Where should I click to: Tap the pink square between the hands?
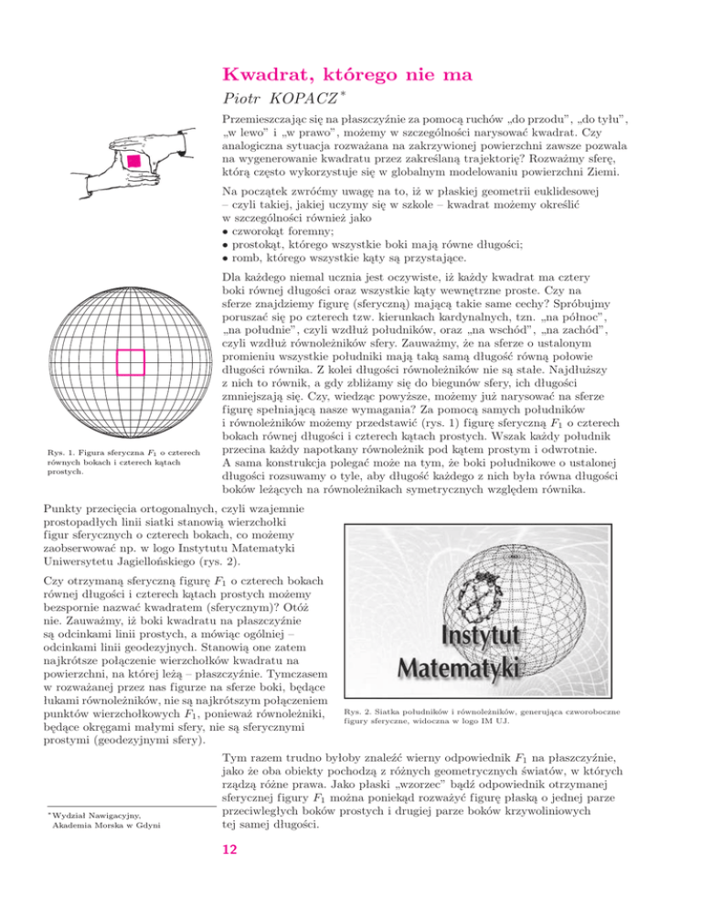pos(134,161)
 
